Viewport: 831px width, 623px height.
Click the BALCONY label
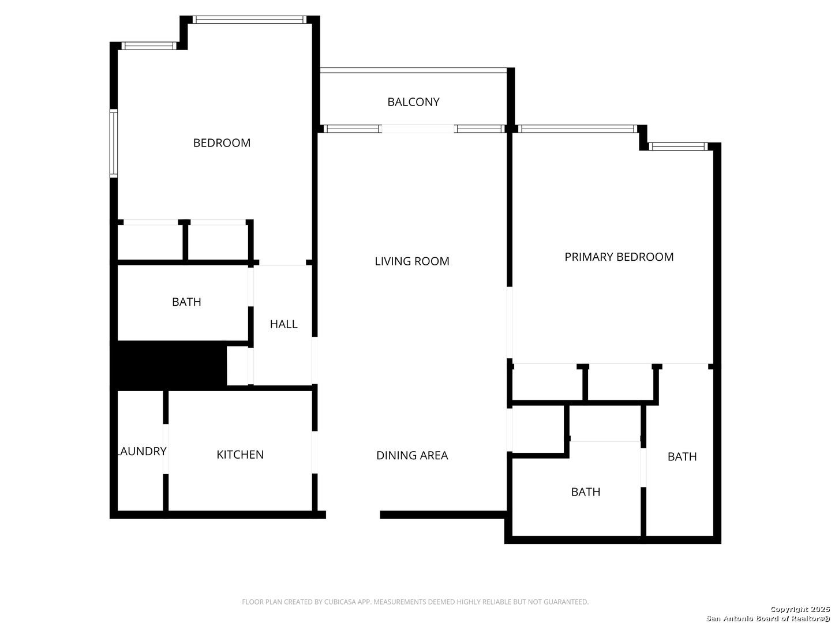[413, 102]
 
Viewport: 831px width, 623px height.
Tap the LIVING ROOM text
[412, 261]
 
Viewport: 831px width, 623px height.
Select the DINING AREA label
[412, 456]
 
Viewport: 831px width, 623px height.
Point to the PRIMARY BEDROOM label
[619, 257]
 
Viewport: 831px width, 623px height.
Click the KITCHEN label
[240, 455]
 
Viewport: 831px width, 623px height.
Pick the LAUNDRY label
[142, 451]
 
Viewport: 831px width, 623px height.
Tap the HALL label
[284, 324]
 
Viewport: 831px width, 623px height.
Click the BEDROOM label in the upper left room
[222, 143]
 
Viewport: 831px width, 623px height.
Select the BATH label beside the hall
[186, 302]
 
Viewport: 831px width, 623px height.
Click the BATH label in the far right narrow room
[682, 457]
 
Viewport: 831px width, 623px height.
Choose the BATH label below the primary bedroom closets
[586, 492]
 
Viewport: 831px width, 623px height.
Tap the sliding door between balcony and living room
[418, 129]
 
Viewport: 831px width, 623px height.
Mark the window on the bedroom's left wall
[114, 143]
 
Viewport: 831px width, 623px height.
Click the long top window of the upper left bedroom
[250, 20]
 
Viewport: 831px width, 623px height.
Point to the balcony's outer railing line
[413, 70]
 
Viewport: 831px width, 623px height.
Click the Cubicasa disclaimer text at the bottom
[415, 602]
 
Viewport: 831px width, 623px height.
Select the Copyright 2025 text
[800, 609]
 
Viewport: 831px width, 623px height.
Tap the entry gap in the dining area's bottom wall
[353, 515]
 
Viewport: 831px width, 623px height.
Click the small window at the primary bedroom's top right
[677, 147]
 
